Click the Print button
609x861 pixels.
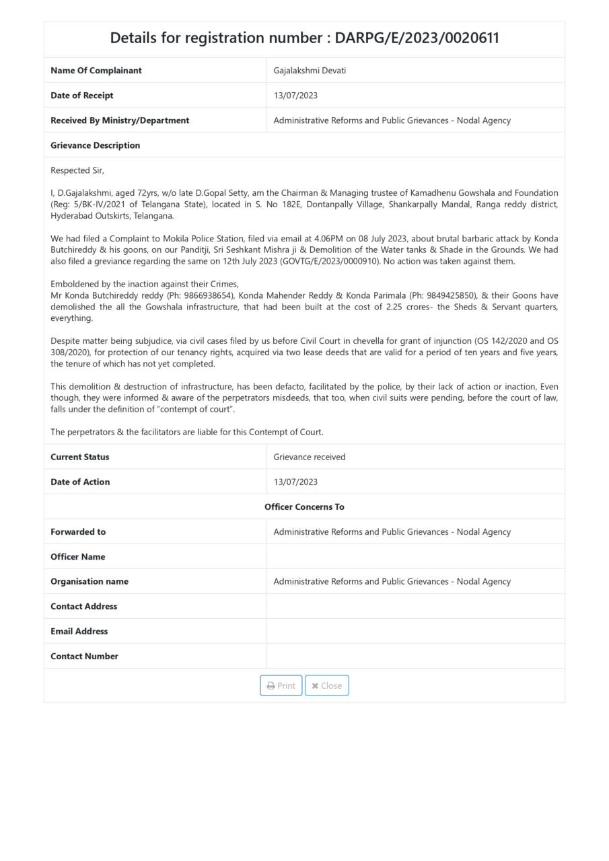281,685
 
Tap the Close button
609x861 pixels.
326,685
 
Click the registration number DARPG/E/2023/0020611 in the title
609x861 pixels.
417,38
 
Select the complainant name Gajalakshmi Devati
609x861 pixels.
310,71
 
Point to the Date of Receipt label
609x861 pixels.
81,96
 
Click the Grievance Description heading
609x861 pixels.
95,145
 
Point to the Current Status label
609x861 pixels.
79,457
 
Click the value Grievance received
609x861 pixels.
309,457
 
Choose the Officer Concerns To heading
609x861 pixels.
304,507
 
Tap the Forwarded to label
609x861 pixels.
78,531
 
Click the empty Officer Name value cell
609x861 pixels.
415,556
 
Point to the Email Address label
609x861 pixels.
79,631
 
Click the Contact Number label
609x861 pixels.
84,656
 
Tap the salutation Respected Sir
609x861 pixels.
77,171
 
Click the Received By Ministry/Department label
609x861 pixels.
120,120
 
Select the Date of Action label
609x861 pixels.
80,482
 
